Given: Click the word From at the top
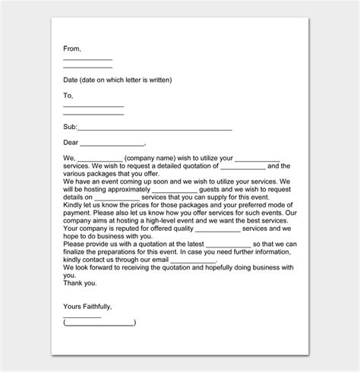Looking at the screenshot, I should pos(72,49).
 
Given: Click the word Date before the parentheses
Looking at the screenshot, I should pos(71,80).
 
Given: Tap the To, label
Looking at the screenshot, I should pos(68,96).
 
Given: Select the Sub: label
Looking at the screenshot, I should pos(70,128).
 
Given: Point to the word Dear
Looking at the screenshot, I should pos(71,143).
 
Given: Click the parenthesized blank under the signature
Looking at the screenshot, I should pos(99,322).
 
